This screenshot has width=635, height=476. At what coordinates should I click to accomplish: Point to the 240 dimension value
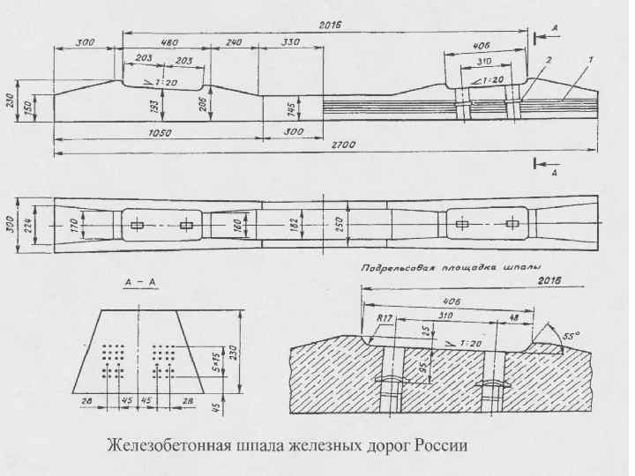pos(233,41)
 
